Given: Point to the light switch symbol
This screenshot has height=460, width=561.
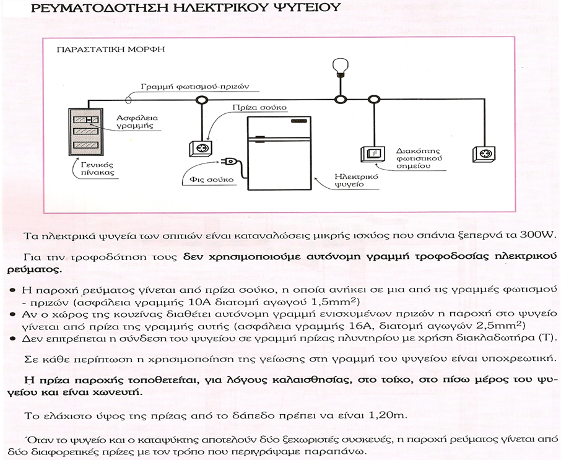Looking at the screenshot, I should click(x=372, y=154).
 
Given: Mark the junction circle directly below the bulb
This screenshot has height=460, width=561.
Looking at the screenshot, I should click(x=339, y=100).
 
